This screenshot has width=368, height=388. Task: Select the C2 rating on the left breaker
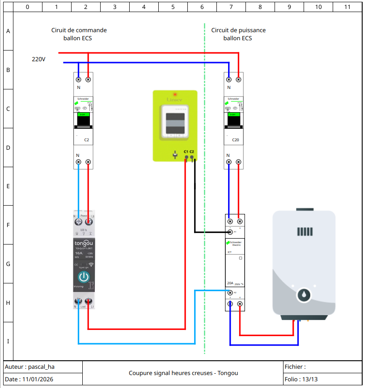[x=87, y=140]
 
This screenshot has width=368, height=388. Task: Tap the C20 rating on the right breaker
[x=236, y=140]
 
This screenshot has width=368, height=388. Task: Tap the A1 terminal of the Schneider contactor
[x=230, y=232]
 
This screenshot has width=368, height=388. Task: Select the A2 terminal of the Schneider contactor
[x=230, y=292]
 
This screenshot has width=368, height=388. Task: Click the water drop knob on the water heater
[x=304, y=295]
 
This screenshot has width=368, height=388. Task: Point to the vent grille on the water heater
[x=304, y=232]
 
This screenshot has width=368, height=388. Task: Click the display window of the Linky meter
[x=175, y=123]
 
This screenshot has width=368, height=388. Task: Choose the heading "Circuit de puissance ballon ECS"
[x=238, y=34]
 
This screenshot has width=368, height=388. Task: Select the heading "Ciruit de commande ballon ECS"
[x=79, y=34]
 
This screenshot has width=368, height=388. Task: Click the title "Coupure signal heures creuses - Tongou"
[x=183, y=373]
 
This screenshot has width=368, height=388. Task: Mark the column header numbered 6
[x=202, y=7]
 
